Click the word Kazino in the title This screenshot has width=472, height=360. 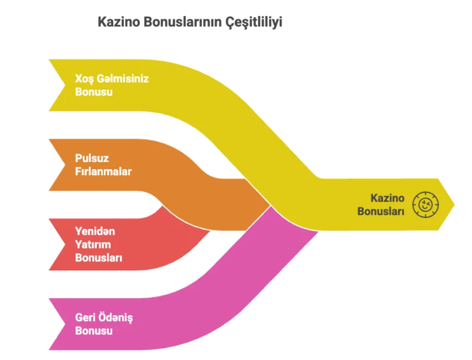click(x=119, y=22)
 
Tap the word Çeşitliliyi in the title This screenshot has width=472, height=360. click(x=254, y=22)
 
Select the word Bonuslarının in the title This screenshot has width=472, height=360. click(x=183, y=22)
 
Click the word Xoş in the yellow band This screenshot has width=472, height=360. click(x=84, y=79)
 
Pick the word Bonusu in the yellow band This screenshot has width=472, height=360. click(x=94, y=92)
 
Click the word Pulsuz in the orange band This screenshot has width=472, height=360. click(x=91, y=158)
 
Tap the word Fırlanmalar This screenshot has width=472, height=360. click(x=103, y=172)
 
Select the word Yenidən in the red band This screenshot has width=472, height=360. click(x=95, y=231)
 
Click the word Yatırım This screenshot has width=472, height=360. click(x=93, y=244)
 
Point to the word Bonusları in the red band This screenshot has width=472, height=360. click(x=99, y=258)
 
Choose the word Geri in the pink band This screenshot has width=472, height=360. click(x=85, y=318)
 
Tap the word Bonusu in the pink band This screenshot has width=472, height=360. click(x=94, y=330)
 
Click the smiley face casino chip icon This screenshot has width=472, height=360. click(x=425, y=205)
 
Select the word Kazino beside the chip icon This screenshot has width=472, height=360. click(x=387, y=198)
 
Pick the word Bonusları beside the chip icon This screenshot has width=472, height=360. click(x=381, y=211)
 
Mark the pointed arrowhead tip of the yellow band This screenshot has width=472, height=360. click(x=454, y=205)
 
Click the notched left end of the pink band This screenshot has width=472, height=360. click(x=65, y=324)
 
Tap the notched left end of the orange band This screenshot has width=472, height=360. click(x=65, y=165)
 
